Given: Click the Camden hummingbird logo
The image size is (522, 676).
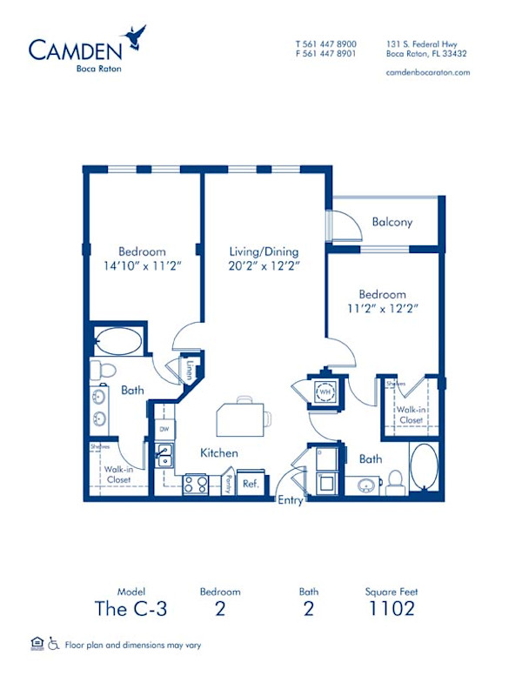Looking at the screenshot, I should [x=134, y=36].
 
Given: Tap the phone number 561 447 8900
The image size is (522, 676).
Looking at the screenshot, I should [x=331, y=43].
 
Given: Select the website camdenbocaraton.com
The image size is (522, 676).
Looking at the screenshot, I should [x=426, y=72].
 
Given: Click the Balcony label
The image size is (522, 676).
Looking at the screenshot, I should [x=391, y=222].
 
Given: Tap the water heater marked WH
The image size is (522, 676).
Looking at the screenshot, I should [x=325, y=392].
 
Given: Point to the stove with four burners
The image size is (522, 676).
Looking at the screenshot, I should [x=196, y=484].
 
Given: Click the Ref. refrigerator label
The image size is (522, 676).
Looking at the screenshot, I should [x=251, y=483].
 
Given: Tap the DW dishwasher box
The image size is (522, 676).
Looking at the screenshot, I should [x=164, y=429].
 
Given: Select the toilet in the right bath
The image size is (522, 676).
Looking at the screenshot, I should [x=394, y=480].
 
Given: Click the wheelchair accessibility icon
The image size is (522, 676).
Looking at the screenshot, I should [x=55, y=644].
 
